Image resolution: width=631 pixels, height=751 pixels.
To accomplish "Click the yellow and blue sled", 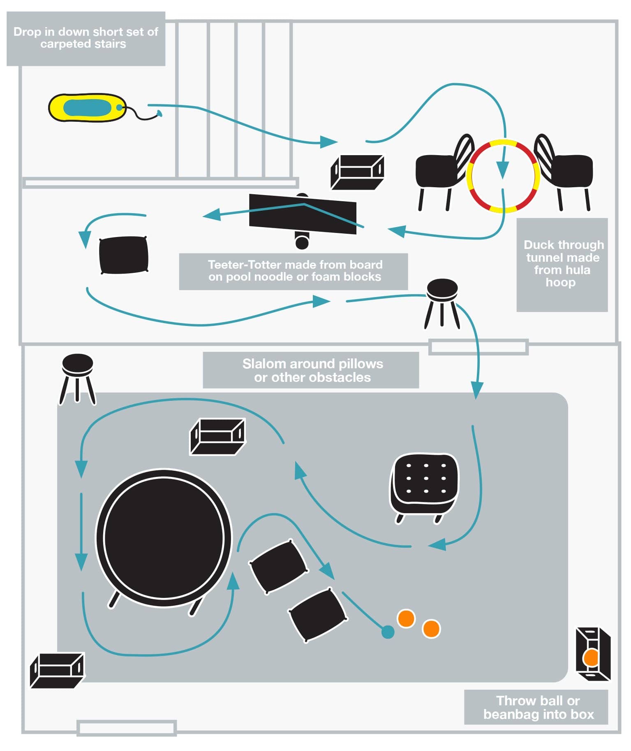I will pos(87,107).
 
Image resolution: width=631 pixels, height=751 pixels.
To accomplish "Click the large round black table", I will pos(164,538).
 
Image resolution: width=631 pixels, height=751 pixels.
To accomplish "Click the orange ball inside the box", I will pos(591,658).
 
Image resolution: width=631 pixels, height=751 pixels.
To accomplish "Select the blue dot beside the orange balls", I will pos(388,632).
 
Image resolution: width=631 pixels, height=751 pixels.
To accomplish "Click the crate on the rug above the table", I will pos(217,436).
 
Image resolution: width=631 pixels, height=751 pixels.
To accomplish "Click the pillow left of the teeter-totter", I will pos(123,255).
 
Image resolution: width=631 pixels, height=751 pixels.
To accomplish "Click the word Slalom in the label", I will pos(264,364).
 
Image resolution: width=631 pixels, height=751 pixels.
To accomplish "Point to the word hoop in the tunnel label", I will pos(560,282).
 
